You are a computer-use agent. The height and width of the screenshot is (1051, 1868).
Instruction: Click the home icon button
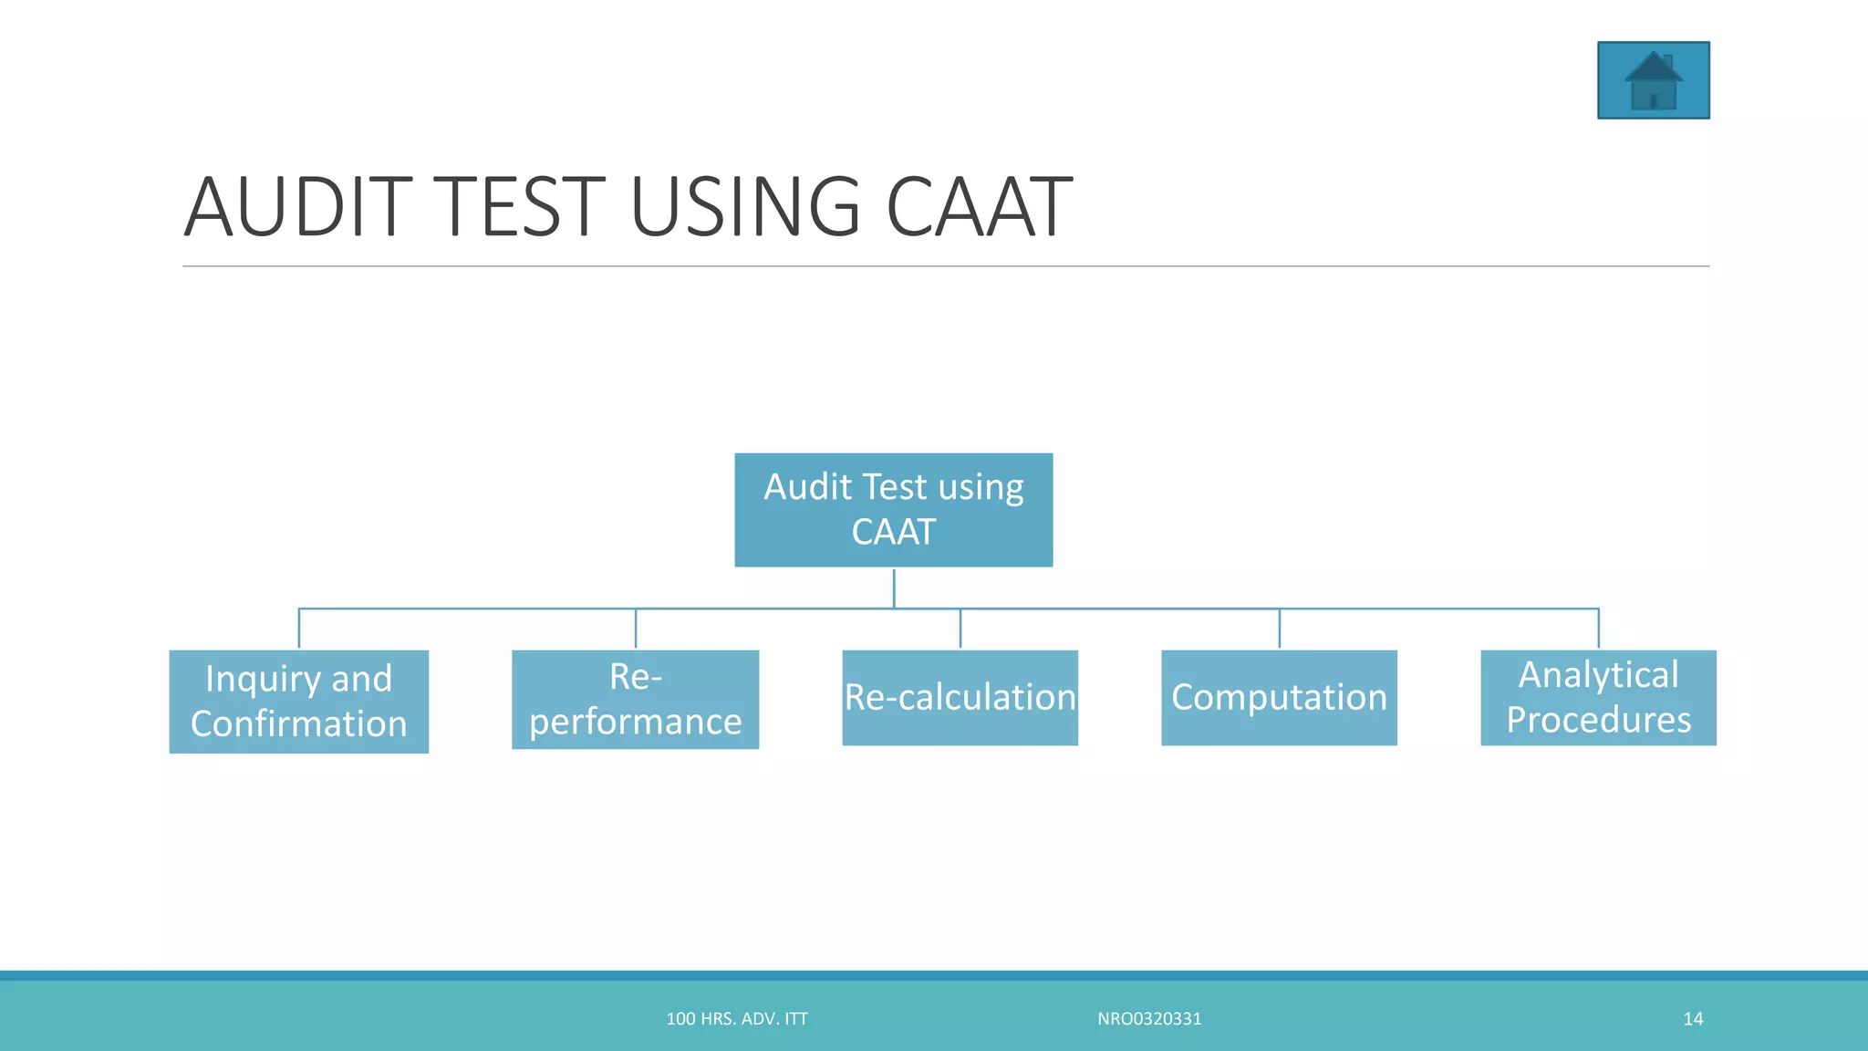click(x=1653, y=80)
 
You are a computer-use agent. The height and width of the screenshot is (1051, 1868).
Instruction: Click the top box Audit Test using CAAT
click(x=893, y=509)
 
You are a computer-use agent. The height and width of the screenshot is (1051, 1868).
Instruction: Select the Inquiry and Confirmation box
click(x=298, y=701)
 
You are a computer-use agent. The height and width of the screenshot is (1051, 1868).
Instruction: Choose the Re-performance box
click(x=635, y=699)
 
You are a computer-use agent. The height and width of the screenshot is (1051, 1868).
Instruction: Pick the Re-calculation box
click(x=960, y=697)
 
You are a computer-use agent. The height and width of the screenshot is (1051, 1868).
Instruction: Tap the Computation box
click(x=1279, y=697)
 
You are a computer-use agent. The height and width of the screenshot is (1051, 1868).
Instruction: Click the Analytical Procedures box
click(x=1598, y=697)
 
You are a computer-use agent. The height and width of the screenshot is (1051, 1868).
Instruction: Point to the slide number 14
click(x=1693, y=1019)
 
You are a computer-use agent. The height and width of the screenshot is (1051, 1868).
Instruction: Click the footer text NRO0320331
click(x=1149, y=1019)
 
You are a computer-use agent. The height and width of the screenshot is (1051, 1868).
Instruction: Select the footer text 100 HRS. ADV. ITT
click(x=737, y=1019)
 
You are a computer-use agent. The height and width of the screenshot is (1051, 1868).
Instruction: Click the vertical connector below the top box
click(x=894, y=588)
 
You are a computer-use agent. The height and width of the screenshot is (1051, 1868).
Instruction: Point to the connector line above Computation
click(x=1280, y=629)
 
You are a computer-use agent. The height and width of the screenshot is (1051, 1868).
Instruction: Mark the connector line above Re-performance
click(x=636, y=629)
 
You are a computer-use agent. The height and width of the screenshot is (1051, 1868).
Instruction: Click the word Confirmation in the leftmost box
click(x=298, y=724)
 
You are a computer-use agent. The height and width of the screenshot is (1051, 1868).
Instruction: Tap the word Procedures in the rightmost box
click(x=1598, y=720)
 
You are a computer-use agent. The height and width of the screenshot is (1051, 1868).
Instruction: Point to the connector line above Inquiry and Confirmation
click(x=299, y=629)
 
